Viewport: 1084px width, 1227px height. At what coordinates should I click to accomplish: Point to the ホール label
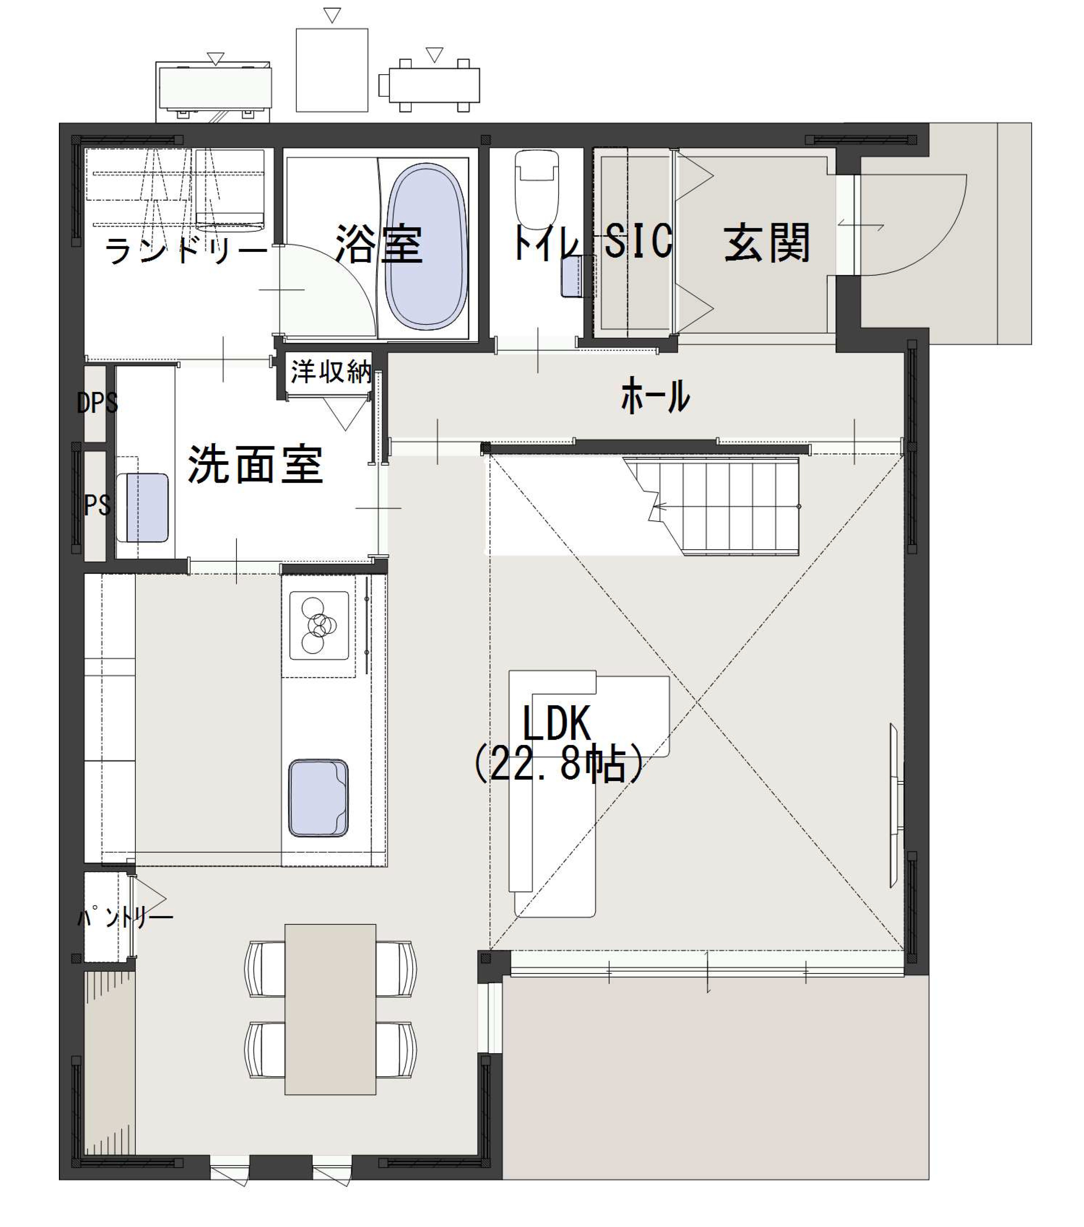[655, 396]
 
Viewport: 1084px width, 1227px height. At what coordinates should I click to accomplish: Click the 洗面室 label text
[256, 464]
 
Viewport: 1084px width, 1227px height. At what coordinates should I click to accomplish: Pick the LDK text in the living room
[556, 724]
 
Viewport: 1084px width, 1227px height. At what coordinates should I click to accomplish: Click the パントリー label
[125, 916]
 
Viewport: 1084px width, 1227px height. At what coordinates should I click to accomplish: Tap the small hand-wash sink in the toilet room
[573, 276]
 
